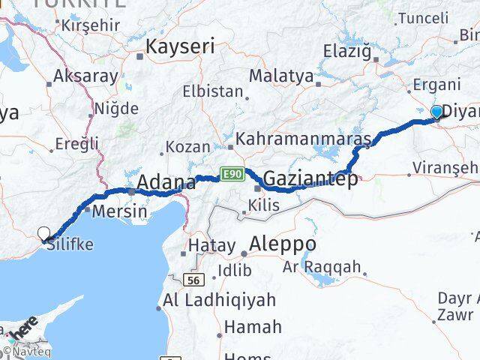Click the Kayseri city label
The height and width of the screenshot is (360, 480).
tap(179, 46)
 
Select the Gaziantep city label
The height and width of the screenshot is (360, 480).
tap(310, 179)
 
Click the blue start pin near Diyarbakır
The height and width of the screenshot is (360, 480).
tap(437, 112)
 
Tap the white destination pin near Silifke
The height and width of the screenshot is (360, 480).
tap(43, 233)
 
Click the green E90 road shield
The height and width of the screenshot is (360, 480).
tap(230, 175)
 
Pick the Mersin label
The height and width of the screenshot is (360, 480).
tap(119, 211)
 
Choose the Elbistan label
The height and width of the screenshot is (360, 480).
tap(213, 92)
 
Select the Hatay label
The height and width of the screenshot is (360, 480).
tap(205, 244)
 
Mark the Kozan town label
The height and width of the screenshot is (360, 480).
tap(186, 146)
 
